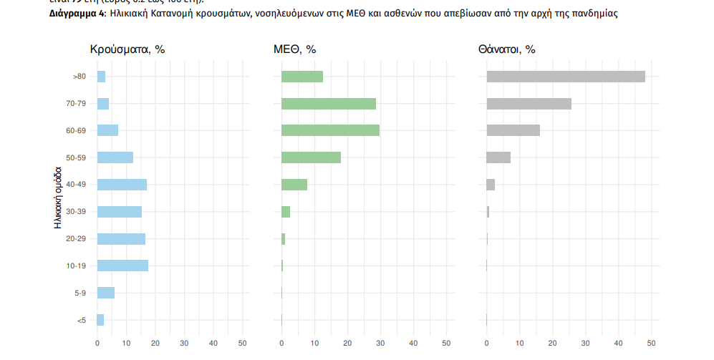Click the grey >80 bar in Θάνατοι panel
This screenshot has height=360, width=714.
(565, 77)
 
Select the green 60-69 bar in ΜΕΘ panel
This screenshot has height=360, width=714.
(330, 130)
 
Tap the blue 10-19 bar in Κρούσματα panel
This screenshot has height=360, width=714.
(122, 266)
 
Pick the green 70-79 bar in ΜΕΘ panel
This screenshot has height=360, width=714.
(328, 104)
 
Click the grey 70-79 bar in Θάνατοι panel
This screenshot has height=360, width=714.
(529, 104)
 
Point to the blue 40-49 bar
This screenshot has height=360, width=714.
(122, 185)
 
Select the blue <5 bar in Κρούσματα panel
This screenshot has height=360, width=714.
(100, 320)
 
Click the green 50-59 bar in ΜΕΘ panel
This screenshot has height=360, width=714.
(311, 157)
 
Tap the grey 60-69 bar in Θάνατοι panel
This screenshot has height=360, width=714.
(513, 130)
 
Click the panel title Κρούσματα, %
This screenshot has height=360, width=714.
(127, 49)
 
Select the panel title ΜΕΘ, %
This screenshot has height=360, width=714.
(294, 49)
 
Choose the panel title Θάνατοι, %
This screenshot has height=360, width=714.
(506, 49)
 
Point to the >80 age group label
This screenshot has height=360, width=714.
(79, 77)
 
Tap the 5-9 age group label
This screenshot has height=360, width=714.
(80, 293)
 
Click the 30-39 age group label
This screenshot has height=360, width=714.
(76, 212)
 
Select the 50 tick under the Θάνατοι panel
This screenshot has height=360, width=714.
(651, 344)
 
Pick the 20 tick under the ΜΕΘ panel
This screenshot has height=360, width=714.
(347, 344)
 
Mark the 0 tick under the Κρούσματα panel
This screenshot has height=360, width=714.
(97, 344)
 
